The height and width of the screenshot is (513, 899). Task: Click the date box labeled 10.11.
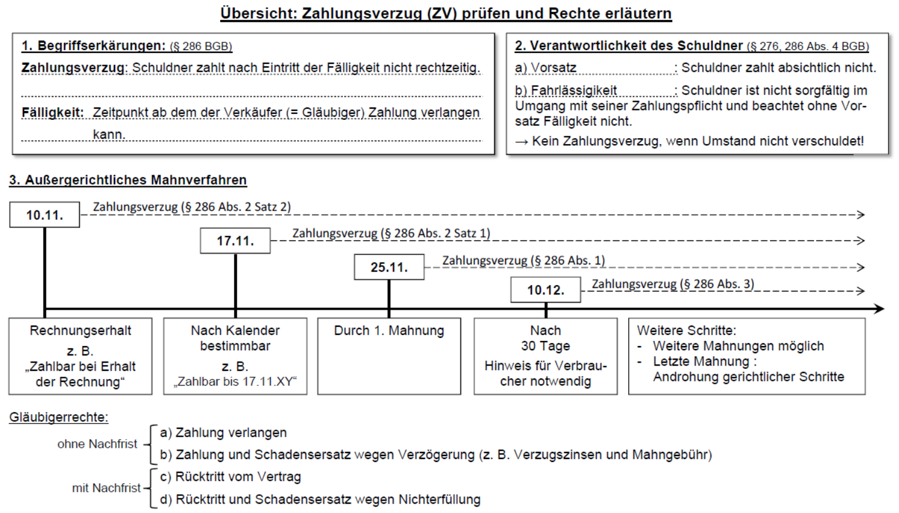coord(45,215)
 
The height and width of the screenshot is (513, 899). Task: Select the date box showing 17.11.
coord(235,241)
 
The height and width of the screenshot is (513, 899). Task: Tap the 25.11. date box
coord(389,267)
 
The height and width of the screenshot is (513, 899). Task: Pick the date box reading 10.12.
coord(546,290)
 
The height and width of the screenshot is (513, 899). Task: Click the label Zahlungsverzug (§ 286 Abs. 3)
coord(672,284)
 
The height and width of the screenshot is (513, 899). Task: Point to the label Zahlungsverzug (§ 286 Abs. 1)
coord(523,260)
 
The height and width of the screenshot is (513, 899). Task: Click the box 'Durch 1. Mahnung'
coord(389,356)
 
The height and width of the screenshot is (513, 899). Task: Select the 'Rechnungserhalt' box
coord(80,356)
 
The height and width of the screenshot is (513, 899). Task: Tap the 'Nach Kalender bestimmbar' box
coord(235,356)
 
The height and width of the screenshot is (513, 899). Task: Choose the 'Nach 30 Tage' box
coord(546,356)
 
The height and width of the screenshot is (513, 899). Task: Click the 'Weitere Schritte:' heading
coord(686,331)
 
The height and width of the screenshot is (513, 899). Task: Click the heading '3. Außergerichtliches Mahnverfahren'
coord(128,180)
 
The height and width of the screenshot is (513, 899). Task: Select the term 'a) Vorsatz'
coord(546,68)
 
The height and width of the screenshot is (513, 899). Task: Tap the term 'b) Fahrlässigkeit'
coord(566,90)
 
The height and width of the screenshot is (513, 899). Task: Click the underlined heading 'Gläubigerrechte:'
coord(59,418)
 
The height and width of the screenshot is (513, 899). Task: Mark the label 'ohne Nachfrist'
coord(97,444)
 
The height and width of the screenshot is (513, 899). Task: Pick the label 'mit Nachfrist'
coord(106,488)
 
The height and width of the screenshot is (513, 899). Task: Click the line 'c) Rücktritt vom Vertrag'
coord(230,477)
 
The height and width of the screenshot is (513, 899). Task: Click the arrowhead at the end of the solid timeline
coord(879,309)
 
